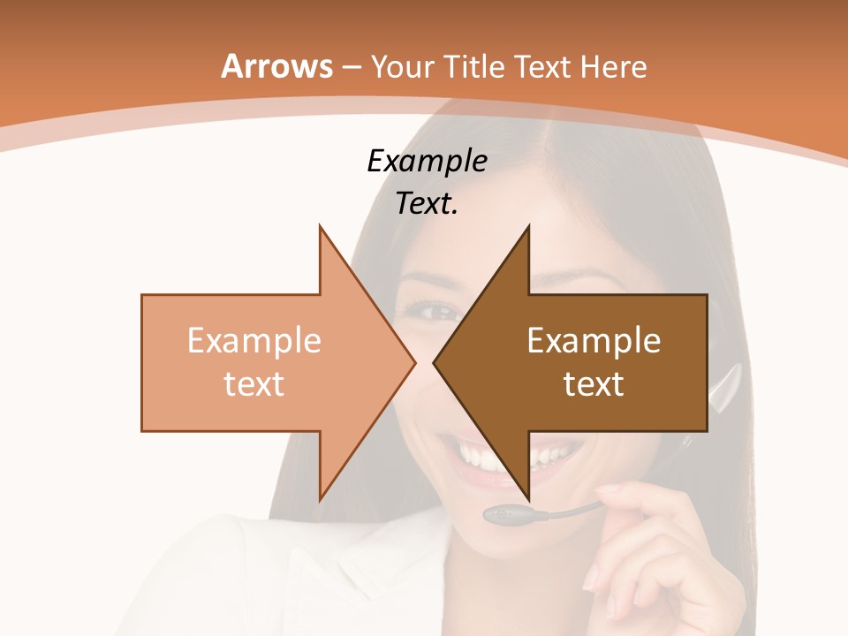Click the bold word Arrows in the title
(x=276, y=66)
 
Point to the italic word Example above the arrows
(x=427, y=162)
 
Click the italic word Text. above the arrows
(x=427, y=204)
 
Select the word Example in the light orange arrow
(x=254, y=340)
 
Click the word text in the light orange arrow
(x=254, y=383)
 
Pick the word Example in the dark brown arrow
(x=594, y=340)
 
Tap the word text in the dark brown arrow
(x=594, y=383)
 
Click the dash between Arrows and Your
(x=351, y=68)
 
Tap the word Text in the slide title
(x=539, y=66)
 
